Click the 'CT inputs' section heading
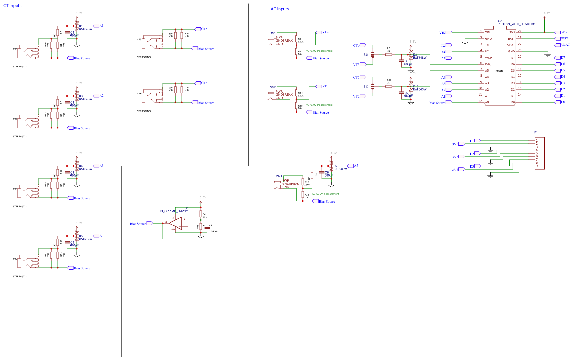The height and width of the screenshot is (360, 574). [x=12, y=6]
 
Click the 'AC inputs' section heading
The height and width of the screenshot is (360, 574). [x=280, y=9]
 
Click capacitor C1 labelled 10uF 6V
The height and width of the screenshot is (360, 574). [x=207, y=228]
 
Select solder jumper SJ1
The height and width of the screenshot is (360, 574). [x=373, y=55]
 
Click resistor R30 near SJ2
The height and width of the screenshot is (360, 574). [x=388, y=86]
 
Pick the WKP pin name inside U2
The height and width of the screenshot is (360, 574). [x=488, y=58]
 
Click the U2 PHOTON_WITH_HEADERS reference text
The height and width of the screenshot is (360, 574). [x=516, y=24]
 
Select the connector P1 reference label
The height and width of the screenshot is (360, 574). [x=536, y=132]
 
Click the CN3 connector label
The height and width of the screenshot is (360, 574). [x=279, y=176]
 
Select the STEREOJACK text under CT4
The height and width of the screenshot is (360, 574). [x=20, y=277]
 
